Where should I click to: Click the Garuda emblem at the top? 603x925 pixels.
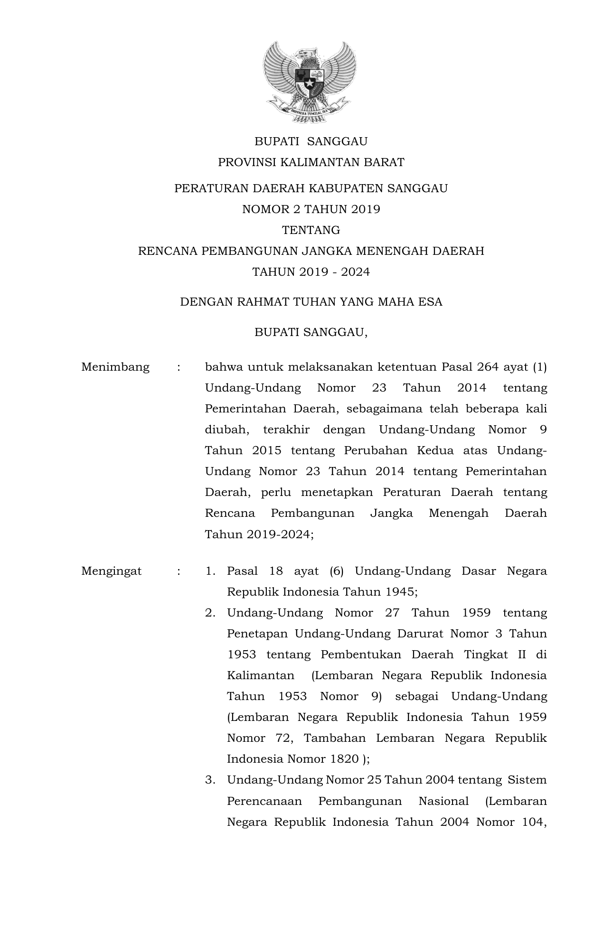(310, 82)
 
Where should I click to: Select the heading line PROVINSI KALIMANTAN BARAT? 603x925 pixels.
(311, 162)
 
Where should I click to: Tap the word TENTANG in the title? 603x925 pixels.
(311, 230)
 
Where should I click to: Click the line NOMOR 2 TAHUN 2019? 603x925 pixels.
(311, 209)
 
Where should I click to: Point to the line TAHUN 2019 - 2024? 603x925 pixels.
(311, 272)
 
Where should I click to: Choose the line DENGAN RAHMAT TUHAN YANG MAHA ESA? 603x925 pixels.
(311, 302)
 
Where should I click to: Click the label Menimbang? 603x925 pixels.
(115, 367)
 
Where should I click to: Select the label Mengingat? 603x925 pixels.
(112, 571)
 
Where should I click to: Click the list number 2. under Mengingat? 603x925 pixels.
(210, 613)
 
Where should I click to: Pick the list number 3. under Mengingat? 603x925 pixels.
(210, 780)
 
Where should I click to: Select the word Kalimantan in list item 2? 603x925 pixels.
(261, 675)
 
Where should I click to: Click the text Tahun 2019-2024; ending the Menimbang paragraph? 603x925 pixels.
(259, 534)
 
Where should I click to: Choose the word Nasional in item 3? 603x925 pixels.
(443, 801)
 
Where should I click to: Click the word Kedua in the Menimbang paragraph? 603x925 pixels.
(435, 450)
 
